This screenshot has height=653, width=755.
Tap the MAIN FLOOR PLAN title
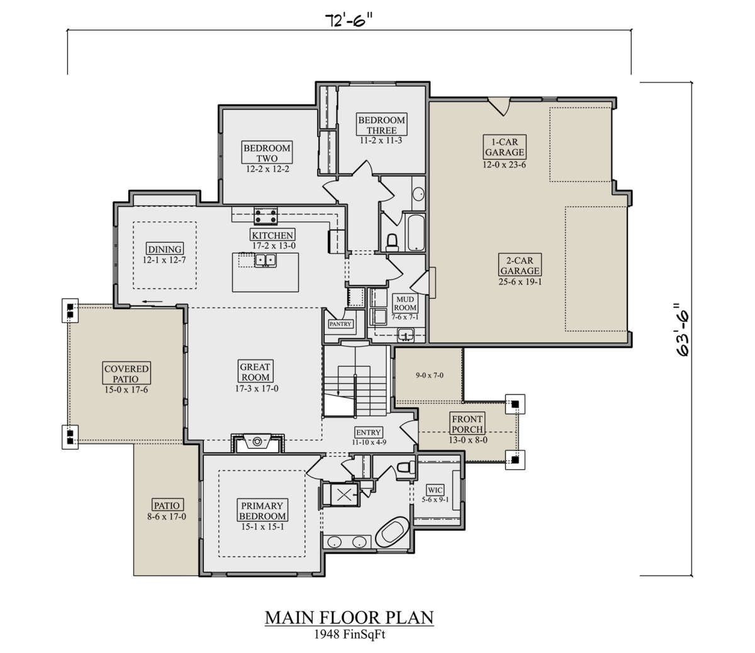coord(349,618)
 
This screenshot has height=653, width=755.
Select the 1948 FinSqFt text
coord(350,634)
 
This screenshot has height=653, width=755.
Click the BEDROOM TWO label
coord(267,153)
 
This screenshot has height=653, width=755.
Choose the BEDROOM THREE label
coord(382,125)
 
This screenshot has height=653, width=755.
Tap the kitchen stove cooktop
coord(266,216)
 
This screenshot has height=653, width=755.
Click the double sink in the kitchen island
coord(265,260)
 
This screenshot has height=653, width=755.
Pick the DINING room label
coord(165,249)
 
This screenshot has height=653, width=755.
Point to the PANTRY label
coord(340,324)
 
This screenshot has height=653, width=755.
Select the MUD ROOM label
coord(405,303)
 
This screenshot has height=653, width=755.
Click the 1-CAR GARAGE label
coord(505,147)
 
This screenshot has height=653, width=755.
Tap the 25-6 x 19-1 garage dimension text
coord(520,282)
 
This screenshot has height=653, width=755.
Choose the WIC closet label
coord(435,489)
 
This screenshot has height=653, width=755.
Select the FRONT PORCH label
coord(467,424)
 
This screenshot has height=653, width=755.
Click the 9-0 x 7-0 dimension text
coord(430,375)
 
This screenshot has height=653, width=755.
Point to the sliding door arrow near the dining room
coord(152,302)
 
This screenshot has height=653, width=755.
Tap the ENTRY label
coord(368,432)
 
